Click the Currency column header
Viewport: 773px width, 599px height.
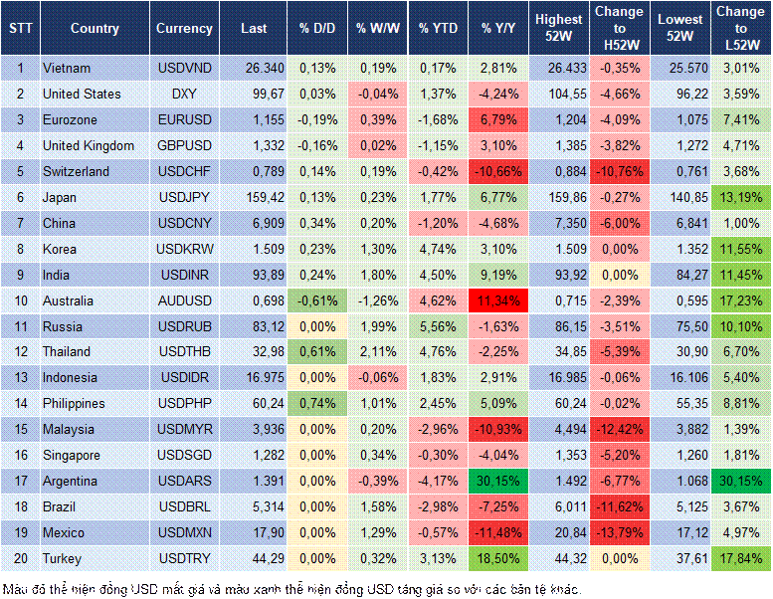click(x=184, y=29)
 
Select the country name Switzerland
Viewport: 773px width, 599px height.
click(x=75, y=171)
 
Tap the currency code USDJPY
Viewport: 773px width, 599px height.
click(x=183, y=197)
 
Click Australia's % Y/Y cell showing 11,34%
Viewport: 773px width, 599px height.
click(x=498, y=300)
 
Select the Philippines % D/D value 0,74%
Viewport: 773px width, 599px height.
click(x=316, y=404)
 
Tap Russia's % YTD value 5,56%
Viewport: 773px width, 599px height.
click(x=439, y=326)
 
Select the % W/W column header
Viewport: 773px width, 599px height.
click(x=376, y=29)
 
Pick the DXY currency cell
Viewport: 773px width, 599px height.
click(x=183, y=94)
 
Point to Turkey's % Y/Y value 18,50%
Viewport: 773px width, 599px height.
click(x=498, y=558)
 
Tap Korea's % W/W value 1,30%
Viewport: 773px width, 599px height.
click(x=376, y=249)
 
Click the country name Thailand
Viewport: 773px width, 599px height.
click(x=68, y=352)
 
